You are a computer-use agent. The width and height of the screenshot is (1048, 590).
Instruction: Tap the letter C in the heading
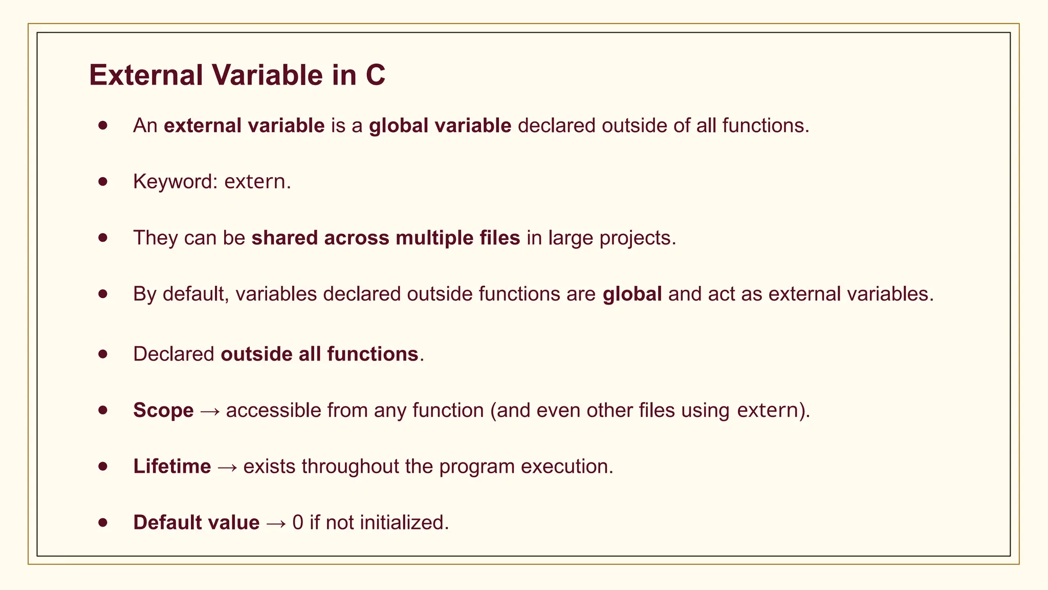(x=375, y=75)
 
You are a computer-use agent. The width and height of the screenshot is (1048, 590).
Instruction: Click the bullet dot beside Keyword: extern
(x=103, y=181)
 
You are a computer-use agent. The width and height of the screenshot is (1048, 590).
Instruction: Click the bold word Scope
(x=163, y=411)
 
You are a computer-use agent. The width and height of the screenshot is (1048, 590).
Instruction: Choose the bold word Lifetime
(x=172, y=467)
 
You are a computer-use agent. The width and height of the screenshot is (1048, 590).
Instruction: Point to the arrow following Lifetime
(x=227, y=467)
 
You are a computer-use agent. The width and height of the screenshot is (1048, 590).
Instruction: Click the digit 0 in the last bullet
(x=298, y=523)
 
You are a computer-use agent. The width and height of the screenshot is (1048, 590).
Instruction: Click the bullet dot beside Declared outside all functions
(x=103, y=354)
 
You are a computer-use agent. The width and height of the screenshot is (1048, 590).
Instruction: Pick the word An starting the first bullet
(x=145, y=126)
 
